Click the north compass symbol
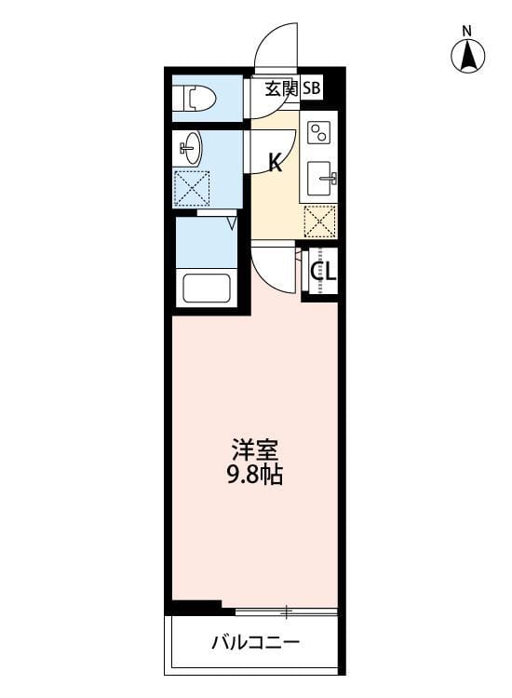click(468, 58)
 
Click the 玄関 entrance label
click(280, 89)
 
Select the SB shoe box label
click(311, 89)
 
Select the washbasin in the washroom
click(191, 148)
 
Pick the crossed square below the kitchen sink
click(320, 221)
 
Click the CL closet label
click(322, 272)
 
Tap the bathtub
click(207, 288)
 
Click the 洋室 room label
click(254, 450)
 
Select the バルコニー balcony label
click(254, 642)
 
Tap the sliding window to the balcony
click(286, 611)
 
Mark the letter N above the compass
click(468, 31)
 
